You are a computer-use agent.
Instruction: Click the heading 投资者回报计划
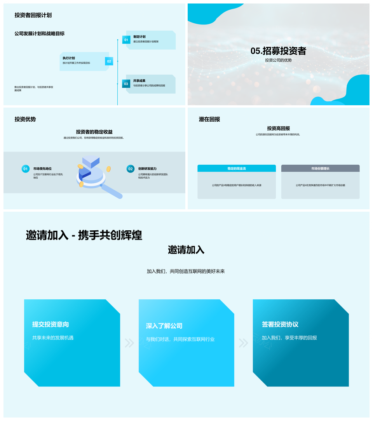(x=33, y=15)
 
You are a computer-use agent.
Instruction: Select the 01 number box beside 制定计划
(x=126, y=40)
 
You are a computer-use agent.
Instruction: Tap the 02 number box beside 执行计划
(x=109, y=61)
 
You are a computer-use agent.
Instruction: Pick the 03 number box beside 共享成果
(x=126, y=84)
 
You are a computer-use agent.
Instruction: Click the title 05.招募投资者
(x=278, y=51)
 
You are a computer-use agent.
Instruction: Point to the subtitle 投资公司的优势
(x=278, y=60)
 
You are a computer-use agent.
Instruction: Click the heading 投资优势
(x=25, y=119)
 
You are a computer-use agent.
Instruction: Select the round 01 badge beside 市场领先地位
(x=25, y=169)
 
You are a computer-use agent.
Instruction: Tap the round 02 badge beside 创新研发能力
(x=130, y=169)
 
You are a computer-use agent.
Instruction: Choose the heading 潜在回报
(x=209, y=119)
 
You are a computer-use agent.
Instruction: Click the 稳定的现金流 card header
(x=237, y=169)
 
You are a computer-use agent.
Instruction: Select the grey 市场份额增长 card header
(x=320, y=169)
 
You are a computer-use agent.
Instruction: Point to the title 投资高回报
(x=278, y=128)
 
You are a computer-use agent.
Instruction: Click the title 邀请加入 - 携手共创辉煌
(x=84, y=235)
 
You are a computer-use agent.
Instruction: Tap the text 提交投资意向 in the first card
(x=51, y=324)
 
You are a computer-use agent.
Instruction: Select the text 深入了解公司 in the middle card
(x=164, y=326)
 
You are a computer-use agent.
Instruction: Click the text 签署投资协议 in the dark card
(x=280, y=324)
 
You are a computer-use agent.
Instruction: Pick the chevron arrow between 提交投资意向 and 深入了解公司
(x=129, y=343)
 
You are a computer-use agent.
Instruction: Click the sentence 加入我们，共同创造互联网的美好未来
(x=186, y=271)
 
